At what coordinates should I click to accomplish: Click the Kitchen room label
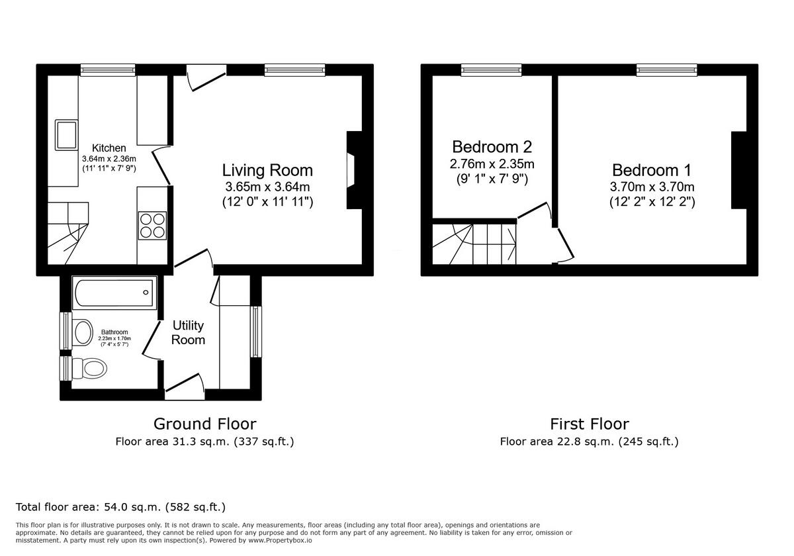coord(109,148)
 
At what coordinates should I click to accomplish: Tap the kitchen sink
coord(67,134)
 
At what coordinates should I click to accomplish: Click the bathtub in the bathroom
coord(113,292)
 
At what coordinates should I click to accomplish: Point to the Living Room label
coord(267,170)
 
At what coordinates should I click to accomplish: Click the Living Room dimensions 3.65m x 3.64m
coord(267,187)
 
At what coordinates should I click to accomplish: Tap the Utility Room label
coord(189,332)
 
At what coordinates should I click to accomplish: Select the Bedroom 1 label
coord(652,170)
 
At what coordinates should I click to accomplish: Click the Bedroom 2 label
coord(492,146)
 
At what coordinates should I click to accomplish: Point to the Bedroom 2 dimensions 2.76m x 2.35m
coord(492,163)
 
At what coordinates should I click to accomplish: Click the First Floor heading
coord(589,424)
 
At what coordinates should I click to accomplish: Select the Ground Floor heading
coord(204,424)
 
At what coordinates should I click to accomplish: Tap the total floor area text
coord(120,507)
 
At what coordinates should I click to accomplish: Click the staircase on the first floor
coord(474,243)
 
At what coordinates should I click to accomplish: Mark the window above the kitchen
coord(108,69)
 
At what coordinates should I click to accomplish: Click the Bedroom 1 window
coord(666,69)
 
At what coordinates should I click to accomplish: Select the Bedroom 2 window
coord(491,69)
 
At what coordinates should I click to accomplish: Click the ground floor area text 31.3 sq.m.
coord(204,441)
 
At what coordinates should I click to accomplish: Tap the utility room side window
coord(255,332)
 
